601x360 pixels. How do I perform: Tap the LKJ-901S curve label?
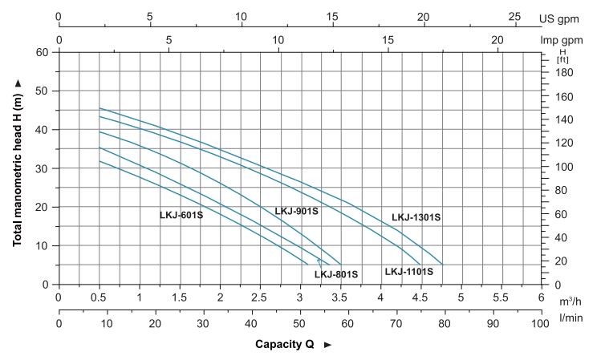[297, 212]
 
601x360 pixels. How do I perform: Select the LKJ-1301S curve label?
[416, 217]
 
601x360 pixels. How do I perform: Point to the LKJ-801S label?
[336, 274]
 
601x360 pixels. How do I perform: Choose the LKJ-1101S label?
[408, 271]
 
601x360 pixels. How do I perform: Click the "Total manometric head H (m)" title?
[17, 168]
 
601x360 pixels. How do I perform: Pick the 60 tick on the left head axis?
[43, 52]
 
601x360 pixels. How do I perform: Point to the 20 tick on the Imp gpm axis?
[497, 39]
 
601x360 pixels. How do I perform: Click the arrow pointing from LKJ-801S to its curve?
[319, 261]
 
